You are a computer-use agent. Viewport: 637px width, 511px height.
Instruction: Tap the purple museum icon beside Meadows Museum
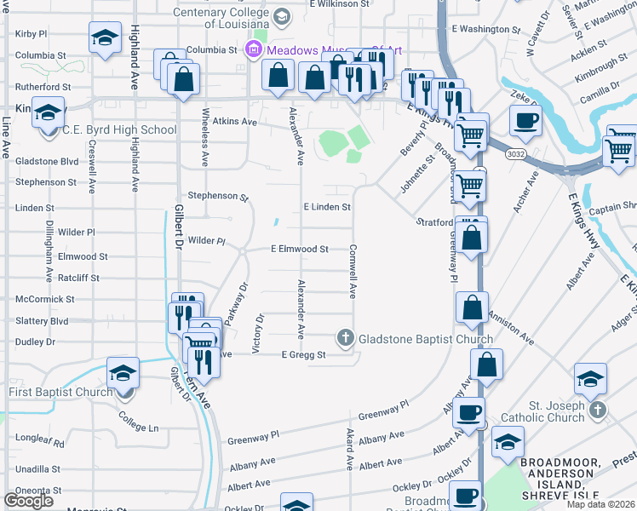pos(253,49)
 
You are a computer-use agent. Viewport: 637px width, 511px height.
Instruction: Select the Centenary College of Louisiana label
pos(230,13)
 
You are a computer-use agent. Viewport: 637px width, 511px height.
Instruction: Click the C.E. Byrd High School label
pos(119,130)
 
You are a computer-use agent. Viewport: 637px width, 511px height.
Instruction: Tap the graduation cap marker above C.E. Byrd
pos(48,112)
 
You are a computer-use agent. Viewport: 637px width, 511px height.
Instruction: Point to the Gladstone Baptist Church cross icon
pos(346,339)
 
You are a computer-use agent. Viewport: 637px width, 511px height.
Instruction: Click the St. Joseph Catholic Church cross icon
pos(598,411)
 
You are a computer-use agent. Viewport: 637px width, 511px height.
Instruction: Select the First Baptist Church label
pos(60,392)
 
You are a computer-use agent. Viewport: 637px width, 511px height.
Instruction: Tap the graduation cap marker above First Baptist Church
pos(123,373)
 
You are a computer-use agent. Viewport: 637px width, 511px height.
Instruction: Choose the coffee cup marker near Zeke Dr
pos(525,120)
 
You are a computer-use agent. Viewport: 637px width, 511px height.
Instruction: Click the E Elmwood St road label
pos(300,250)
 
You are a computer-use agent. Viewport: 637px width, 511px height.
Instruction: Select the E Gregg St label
pos(304,355)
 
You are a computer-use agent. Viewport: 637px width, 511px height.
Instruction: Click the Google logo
pos(29,501)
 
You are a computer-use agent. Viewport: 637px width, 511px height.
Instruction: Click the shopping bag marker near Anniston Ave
pos(472,308)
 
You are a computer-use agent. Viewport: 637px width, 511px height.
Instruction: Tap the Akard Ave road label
pos(349,450)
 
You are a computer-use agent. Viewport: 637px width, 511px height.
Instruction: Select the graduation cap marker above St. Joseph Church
pos(590,379)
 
